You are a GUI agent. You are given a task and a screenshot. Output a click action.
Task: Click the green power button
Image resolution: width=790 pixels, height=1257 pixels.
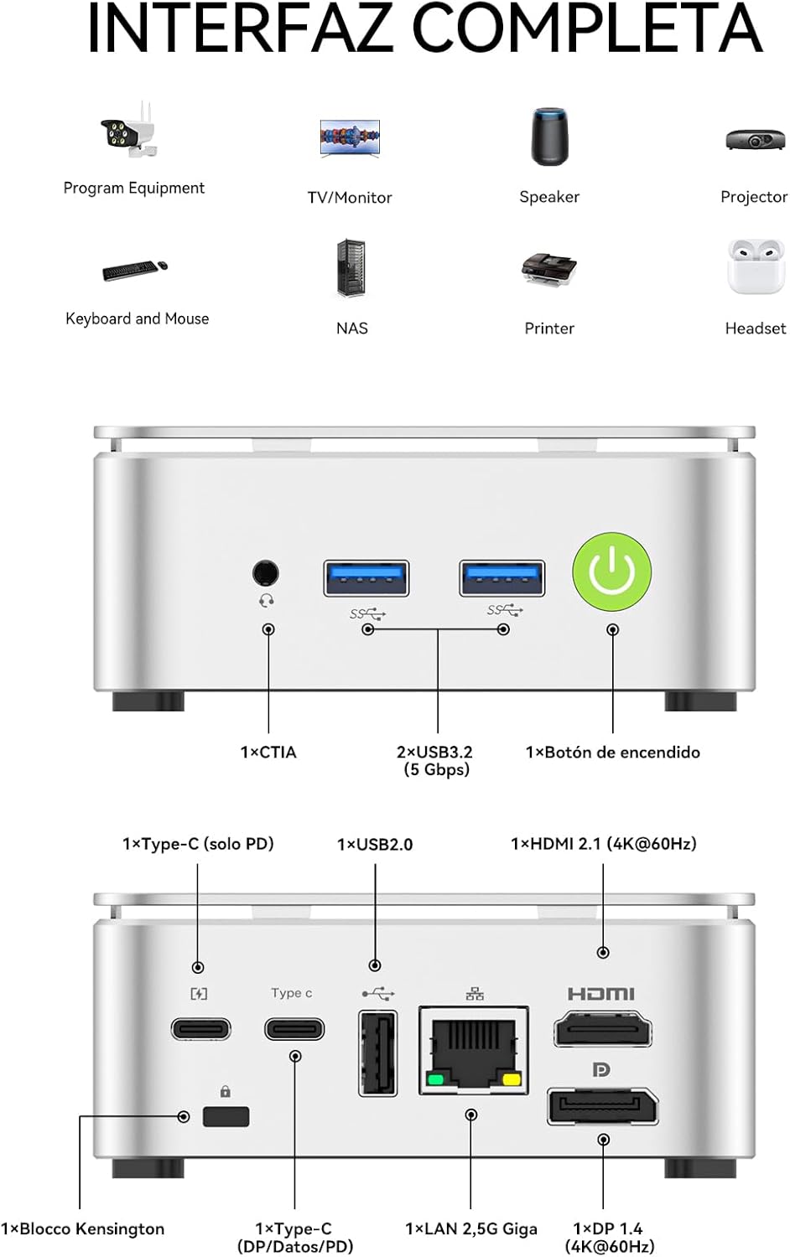click(x=612, y=572)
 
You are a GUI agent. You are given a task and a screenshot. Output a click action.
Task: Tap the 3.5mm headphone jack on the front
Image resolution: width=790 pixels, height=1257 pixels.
click(x=266, y=573)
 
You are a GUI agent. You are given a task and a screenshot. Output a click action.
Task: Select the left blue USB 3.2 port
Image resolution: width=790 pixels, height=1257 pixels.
click(x=366, y=577)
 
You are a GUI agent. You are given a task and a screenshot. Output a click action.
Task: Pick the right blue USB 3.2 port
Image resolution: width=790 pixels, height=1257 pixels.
click(x=502, y=577)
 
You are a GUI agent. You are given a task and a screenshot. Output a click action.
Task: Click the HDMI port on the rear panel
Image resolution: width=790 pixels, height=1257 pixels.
click(x=602, y=1028)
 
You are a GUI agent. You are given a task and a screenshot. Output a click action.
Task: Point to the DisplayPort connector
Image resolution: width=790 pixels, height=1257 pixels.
click(x=602, y=1106)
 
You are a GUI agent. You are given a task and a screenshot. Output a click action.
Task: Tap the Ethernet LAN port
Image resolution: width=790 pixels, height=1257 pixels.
click(x=474, y=1051)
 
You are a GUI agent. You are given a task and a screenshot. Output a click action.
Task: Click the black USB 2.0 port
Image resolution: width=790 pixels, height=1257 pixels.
click(x=377, y=1053)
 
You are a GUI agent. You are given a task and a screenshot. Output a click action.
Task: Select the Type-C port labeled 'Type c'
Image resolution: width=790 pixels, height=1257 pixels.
click(x=294, y=1028)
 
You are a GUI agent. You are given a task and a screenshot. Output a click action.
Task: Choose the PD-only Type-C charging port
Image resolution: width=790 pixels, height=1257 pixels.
click(x=200, y=1028)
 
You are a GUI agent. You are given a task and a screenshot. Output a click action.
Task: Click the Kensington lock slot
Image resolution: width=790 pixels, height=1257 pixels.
click(x=226, y=1116)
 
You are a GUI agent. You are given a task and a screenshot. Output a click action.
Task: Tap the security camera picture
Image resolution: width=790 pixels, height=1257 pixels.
click(x=130, y=131)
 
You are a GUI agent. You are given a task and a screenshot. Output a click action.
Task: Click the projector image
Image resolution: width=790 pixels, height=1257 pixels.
click(x=755, y=139)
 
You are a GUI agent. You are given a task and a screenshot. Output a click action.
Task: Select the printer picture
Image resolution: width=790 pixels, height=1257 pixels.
click(x=548, y=270)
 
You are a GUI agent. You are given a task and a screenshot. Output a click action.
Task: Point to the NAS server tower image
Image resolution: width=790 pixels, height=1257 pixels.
click(x=351, y=268)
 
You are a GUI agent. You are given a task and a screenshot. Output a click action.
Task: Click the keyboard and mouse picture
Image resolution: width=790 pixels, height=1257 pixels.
click(x=135, y=270)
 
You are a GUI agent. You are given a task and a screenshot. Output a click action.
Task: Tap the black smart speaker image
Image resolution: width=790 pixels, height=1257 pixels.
click(x=549, y=137)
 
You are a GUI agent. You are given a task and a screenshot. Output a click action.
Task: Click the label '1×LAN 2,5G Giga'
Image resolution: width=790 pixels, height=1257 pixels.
click(x=471, y=1229)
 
